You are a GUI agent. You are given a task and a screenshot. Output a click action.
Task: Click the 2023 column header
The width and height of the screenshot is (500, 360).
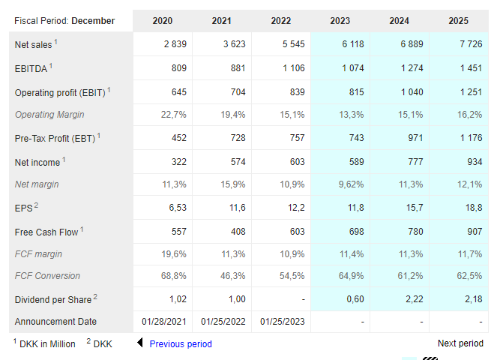(x=340, y=21)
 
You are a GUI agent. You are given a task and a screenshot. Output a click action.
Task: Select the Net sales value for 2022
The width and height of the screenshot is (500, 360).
(x=293, y=44)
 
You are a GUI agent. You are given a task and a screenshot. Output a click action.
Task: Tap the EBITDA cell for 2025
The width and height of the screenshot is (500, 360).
(x=471, y=68)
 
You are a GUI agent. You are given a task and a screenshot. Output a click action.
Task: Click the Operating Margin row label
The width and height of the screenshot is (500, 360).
(x=49, y=115)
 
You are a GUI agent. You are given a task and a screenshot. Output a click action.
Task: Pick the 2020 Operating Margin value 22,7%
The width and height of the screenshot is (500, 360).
(x=173, y=115)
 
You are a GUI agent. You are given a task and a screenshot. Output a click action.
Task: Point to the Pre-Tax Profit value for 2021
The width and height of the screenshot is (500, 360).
(x=238, y=138)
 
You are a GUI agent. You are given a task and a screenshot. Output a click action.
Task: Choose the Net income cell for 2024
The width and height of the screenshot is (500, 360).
(x=415, y=162)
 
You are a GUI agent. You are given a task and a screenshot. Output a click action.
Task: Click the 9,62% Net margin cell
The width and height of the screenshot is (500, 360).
(x=351, y=184)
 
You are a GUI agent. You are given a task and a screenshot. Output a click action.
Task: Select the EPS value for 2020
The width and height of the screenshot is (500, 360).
(x=178, y=208)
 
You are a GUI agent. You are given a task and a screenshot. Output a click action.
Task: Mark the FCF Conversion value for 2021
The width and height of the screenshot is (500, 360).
(x=233, y=276)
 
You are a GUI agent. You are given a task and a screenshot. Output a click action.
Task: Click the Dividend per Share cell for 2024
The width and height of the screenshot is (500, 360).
(x=415, y=299)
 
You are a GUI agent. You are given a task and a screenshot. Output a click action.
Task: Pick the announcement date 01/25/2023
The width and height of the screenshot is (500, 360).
(x=282, y=322)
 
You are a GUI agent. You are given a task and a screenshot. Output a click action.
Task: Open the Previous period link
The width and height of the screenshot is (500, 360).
(x=181, y=343)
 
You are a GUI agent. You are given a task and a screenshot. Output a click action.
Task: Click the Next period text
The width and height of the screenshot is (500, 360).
(x=460, y=343)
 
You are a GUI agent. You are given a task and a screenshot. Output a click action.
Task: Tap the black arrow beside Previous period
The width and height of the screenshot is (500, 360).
(x=139, y=343)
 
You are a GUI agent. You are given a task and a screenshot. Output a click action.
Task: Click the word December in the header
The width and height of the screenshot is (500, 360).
(x=93, y=21)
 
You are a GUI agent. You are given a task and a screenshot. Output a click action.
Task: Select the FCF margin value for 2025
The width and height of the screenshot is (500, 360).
(x=470, y=254)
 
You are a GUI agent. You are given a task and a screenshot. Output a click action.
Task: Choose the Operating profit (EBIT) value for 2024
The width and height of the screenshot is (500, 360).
(x=412, y=92)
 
